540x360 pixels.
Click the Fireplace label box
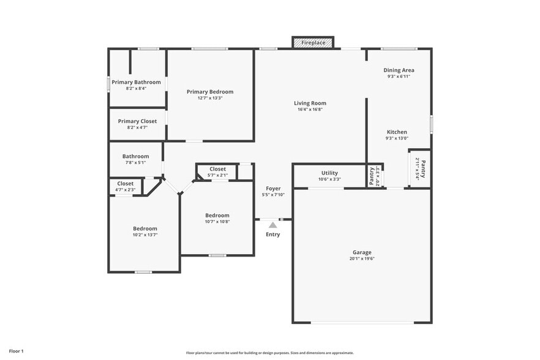(313, 43)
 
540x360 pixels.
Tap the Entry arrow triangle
(272, 225)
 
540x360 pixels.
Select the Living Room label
(310, 103)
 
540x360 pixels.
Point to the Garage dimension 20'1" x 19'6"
(362, 259)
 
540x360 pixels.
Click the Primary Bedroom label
(210, 92)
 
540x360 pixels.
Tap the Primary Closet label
(137, 121)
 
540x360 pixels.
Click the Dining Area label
(399, 70)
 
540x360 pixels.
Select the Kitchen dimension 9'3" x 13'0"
(397, 138)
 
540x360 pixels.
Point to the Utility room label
(329, 173)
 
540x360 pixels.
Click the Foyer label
(273, 188)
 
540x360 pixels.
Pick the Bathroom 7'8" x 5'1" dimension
(135, 163)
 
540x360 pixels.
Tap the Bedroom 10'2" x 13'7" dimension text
(145, 235)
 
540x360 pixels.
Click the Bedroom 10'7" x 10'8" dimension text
(217, 222)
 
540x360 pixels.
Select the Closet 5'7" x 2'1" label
(217, 169)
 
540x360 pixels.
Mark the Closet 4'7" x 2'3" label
(126, 183)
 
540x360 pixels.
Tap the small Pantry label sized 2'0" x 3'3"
(372, 176)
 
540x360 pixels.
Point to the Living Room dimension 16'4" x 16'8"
(310, 110)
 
